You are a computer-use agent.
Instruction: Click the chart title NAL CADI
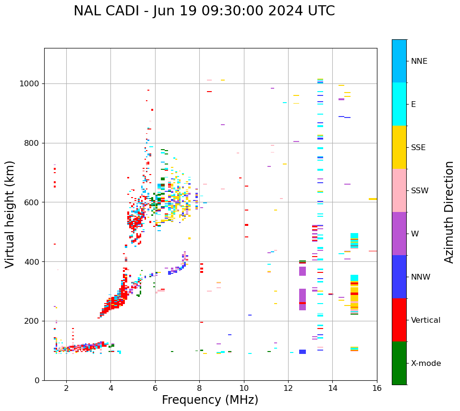pyautogui.click(x=204, y=11)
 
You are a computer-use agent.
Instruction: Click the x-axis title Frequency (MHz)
pyautogui.click(x=210, y=400)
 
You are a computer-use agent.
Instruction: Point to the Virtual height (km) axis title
pyautogui.click(x=10, y=214)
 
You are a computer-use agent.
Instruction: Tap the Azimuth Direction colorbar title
pyautogui.click(x=449, y=212)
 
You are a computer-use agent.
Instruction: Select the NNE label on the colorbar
pyautogui.click(x=419, y=61)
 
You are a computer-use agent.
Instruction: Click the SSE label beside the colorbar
pyautogui.click(x=418, y=148)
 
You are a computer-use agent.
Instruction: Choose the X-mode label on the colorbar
pyautogui.click(x=425, y=364)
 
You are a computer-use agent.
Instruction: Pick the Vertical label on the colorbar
pyautogui.click(x=425, y=320)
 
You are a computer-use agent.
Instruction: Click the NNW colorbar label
pyautogui.click(x=420, y=277)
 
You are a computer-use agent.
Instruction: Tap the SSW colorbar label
pyautogui.click(x=419, y=191)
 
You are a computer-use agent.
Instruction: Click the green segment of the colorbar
pyautogui.click(x=399, y=363)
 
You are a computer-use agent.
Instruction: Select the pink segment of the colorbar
pyautogui.click(x=399, y=190)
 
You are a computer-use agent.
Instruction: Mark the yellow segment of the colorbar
pyautogui.click(x=399, y=147)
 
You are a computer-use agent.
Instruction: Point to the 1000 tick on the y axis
pyautogui.click(x=32, y=84)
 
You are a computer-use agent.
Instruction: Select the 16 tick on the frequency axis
pyautogui.click(x=377, y=388)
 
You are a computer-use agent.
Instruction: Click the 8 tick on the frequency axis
pyautogui.click(x=199, y=388)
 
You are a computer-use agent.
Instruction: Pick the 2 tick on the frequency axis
pyautogui.click(x=66, y=388)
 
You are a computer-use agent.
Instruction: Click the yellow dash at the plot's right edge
pyautogui.click(x=373, y=199)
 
